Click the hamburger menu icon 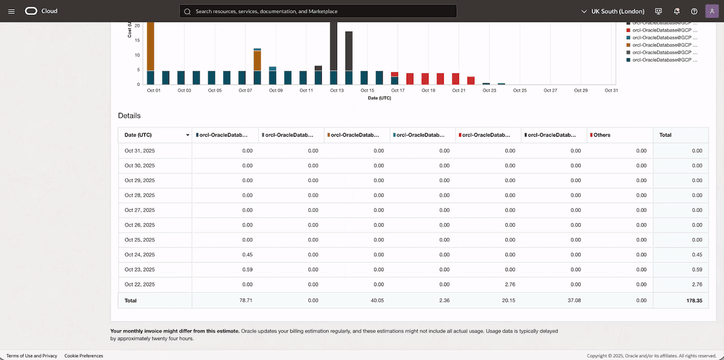12,11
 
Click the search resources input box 318,11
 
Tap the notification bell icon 677,11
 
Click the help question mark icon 694,11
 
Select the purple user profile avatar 712,11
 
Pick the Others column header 602,135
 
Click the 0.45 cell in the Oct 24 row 247,255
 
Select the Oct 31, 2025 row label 140,151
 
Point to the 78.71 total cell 245,301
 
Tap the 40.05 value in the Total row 377,301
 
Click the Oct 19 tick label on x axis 428,91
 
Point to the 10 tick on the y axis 137,55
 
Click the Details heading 129,116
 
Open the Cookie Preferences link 84,356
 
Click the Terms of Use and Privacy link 32,356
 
